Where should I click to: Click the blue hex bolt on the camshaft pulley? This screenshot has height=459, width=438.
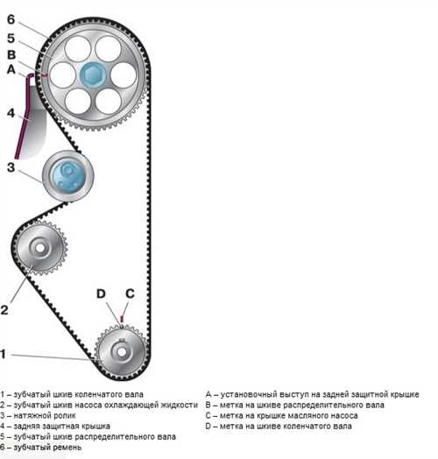click(x=93, y=75)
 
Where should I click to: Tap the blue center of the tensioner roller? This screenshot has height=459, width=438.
click(x=68, y=176)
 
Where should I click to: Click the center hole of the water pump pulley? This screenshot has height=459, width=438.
click(x=40, y=248)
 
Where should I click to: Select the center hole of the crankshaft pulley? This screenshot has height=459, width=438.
click(x=122, y=352)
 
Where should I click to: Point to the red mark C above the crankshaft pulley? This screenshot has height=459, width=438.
click(x=122, y=319)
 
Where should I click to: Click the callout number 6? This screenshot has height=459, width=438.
click(x=11, y=19)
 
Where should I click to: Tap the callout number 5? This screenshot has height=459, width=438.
click(x=11, y=39)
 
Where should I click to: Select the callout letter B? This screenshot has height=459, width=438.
click(x=11, y=54)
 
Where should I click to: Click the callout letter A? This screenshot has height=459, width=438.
click(x=11, y=69)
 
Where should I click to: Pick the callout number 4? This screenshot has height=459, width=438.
click(x=11, y=113)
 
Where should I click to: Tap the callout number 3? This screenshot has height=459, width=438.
click(x=11, y=167)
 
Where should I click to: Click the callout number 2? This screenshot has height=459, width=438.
click(x=4, y=310)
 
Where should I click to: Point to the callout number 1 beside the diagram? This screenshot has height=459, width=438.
click(x=4, y=354)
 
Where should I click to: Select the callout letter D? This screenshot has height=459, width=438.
click(x=101, y=293)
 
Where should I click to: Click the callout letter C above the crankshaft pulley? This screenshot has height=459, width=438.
click(x=130, y=293)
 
